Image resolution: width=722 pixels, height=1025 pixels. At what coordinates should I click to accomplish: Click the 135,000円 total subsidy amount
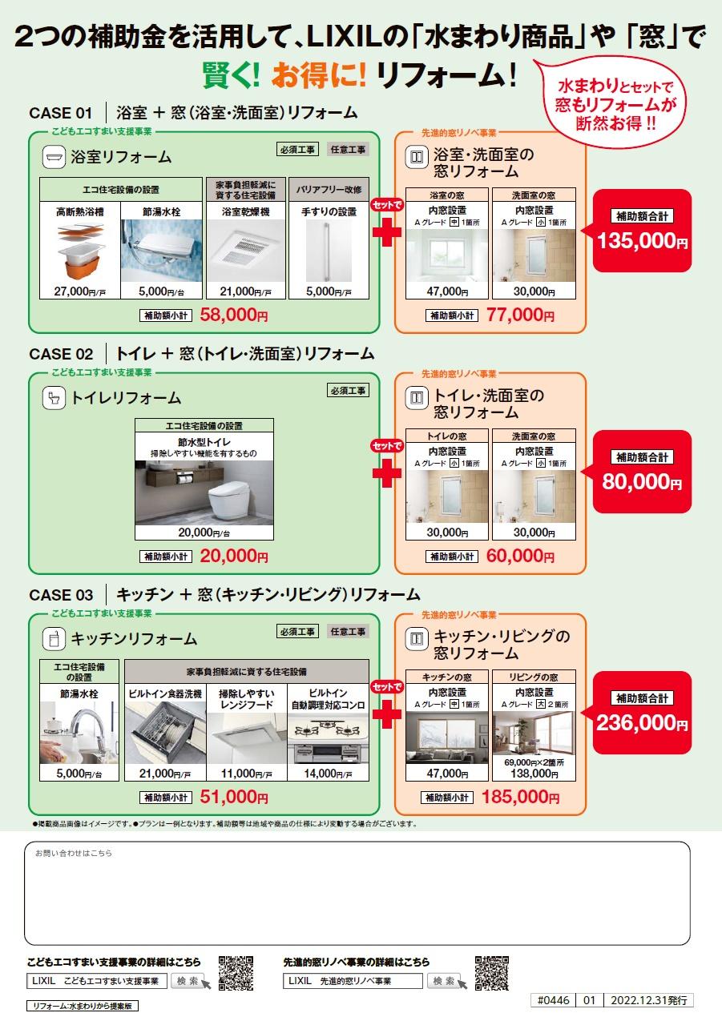[641, 241]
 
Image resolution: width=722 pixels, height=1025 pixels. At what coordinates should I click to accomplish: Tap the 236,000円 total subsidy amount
[641, 723]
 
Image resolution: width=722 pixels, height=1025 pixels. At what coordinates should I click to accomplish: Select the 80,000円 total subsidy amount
[641, 482]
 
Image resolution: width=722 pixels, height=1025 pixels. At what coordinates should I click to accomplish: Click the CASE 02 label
[61, 353]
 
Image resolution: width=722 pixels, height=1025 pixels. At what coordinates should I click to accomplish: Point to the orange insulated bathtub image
[80, 251]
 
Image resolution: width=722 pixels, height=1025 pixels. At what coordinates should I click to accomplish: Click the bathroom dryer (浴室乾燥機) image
[245, 251]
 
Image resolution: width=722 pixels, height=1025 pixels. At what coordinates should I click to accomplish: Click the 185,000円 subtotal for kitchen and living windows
[522, 797]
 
